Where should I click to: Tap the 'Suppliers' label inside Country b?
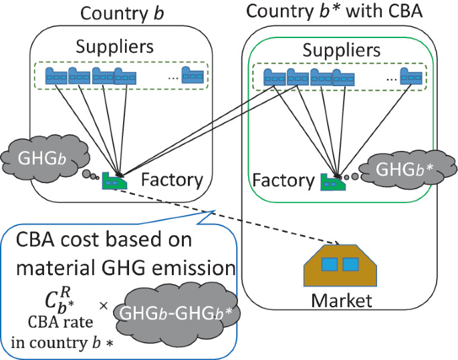[x=114, y=47]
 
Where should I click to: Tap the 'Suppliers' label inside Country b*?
[x=342, y=50]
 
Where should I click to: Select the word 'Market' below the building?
[x=342, y=300]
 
